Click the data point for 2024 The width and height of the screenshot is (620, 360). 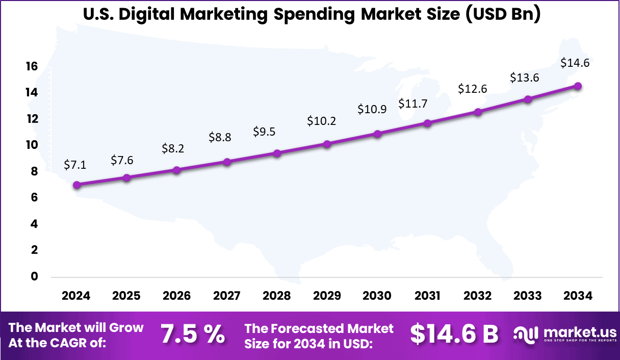click(76, 185)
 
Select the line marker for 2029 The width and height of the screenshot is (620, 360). click(327, 144)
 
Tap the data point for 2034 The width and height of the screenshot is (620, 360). click(578, 86)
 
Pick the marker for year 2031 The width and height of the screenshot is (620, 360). click(427, 123)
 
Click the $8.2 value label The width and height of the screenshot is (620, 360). click(172, 148)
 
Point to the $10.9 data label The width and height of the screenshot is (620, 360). click(372, 109)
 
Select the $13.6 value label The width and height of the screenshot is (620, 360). click(525, 78)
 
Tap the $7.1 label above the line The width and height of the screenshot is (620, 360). click(75, 164)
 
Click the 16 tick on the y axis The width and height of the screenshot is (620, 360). click(32, 66)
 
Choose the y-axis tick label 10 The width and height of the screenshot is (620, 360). click(32, 145)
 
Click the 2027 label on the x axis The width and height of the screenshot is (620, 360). click(226, 296)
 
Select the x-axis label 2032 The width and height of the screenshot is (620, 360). click(477, 296)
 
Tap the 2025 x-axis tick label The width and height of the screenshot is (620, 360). click(126, 296)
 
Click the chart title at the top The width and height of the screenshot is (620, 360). click(311, 14)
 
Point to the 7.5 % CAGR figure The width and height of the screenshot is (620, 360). click(193, 334)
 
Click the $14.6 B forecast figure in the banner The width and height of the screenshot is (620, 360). click(454, 334)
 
